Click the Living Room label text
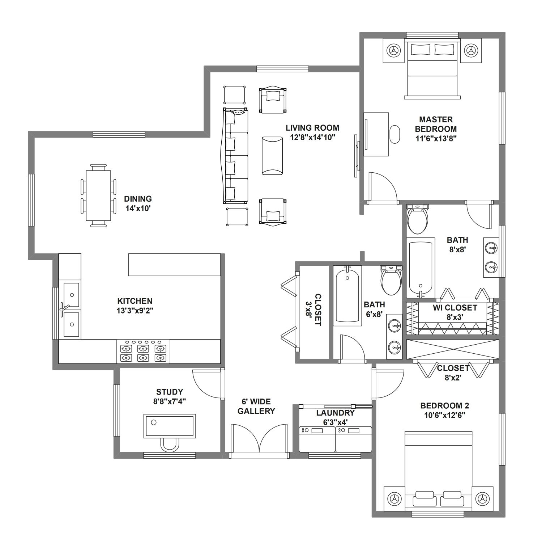coord(312,128)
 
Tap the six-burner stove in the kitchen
coord(143,352)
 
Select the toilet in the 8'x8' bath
coord(418,219)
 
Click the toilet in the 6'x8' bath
coord(391,280)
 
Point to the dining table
coord(98,195)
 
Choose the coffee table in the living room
coord(272,156)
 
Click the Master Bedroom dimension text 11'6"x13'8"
coord(436,138)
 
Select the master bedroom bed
coord(432,69)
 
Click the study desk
coord(170,426)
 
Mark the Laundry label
coord(336,413)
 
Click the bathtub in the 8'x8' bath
coord(420,268)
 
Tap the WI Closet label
coord(455,308)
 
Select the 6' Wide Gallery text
coord(259,406)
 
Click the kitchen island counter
coord(174,265)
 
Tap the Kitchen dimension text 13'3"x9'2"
coord(135,311)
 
